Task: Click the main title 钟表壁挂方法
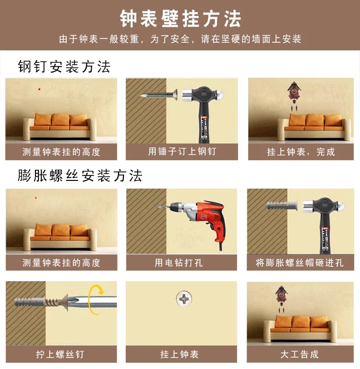[x=180, y=19]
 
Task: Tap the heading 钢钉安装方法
[x=64, y=67]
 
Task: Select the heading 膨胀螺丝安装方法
[x=80, y=176]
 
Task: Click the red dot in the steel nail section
[x=39, y=89]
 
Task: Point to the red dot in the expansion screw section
[x=36, y=198]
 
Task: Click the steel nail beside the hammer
[x=159, y=95]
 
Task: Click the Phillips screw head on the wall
[x=184, y=298]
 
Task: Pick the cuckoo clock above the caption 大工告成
[x=281, y=298]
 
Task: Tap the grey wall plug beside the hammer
[x=282, y=206]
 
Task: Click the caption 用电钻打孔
[x=179, y=262]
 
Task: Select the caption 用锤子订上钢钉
[x=182, y=151]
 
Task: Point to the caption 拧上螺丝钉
[x=60, y=354]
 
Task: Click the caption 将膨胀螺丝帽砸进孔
[x=300, y=262]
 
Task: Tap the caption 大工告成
[x=300, y=354]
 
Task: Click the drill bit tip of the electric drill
[x=158, y=207]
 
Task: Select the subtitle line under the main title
[x=180, y=39]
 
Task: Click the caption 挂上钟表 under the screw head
[x=180, y=354]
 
